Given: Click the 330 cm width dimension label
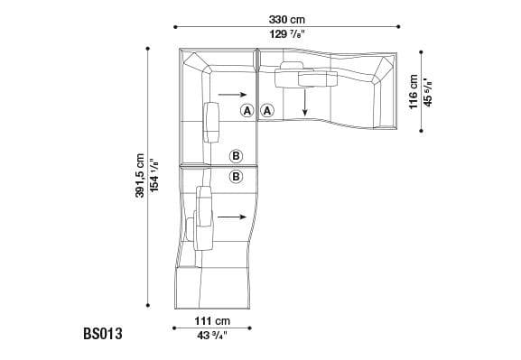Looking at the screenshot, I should pos(285,18).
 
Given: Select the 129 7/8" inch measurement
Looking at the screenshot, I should pos(285,34).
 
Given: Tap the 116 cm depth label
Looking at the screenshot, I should pos(413,92).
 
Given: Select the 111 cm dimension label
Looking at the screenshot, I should pos(214,320).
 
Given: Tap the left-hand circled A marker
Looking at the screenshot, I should pos(247,110).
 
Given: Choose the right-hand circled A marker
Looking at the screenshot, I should pos(268,110).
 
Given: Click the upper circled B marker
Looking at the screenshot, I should pos(236,156).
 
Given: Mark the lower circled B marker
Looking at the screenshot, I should pos(236,176).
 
